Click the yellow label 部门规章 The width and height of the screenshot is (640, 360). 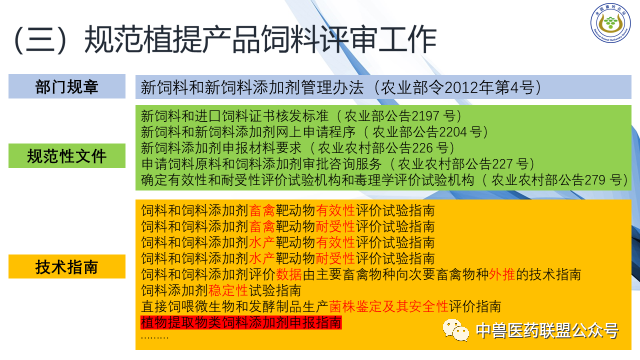66,86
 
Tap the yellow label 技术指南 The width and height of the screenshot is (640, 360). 66,267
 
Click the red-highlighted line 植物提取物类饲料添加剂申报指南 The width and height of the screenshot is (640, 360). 240,322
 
